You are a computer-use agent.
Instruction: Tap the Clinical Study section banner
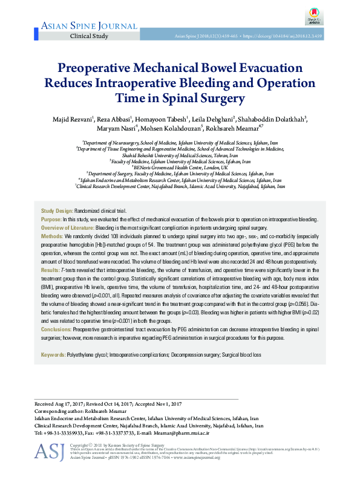(90, 36)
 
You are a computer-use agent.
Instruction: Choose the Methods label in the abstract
(51, 235)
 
